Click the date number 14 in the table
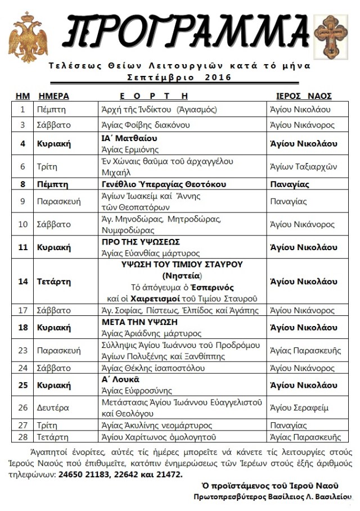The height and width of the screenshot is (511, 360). click(23, 281)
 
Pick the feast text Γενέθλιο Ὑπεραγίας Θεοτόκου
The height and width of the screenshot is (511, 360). click(163, 184)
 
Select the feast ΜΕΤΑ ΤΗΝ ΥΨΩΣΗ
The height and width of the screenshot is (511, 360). click(139, 322)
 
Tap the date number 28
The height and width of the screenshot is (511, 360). click(23, 437)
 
